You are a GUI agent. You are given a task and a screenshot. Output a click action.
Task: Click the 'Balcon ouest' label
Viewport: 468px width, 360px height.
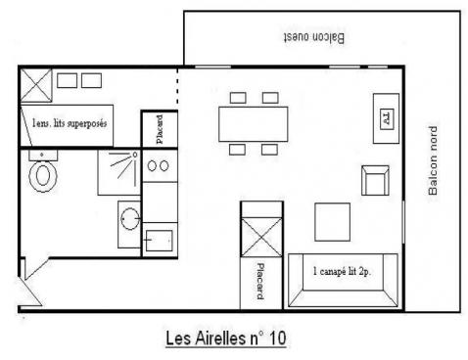(314, 37)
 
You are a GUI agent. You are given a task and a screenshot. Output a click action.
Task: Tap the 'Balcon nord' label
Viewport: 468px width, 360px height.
(433, 160)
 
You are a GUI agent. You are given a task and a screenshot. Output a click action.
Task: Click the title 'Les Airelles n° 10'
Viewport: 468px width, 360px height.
(226, 338)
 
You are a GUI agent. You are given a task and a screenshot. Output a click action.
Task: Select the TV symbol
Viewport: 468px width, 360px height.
(388, 118)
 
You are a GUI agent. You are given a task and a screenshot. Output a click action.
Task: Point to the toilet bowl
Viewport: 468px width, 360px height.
(42, 176)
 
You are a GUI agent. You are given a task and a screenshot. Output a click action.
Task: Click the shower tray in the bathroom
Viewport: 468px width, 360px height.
(119, 172)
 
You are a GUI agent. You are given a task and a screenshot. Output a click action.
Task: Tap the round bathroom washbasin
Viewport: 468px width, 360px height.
(130, 218)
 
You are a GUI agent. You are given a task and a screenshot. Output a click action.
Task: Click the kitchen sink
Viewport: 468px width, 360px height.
(159, 241)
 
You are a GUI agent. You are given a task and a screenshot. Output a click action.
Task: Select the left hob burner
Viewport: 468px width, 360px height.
(152, 166)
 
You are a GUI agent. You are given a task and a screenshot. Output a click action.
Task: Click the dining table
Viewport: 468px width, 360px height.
(254, 124)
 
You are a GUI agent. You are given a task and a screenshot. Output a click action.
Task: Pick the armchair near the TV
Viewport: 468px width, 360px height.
(375, 180)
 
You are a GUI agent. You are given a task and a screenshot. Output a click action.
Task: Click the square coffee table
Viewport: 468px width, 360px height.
(332, 222)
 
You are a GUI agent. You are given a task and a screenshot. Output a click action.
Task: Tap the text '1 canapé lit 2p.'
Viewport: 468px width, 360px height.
(342, 271)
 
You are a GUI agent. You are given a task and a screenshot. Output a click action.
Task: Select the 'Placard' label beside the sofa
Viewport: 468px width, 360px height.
(260, 281)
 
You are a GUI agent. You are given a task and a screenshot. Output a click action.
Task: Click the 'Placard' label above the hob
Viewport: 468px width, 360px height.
(160, 129)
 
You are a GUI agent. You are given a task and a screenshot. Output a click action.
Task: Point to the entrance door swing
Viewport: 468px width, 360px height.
(30, 292)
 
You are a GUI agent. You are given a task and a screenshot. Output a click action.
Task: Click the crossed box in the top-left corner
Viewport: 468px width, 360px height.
(36, 85)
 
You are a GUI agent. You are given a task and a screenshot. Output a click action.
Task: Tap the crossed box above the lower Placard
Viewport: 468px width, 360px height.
(261, 237)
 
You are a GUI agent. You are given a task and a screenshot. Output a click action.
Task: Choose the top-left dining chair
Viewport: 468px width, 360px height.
(238, 98)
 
